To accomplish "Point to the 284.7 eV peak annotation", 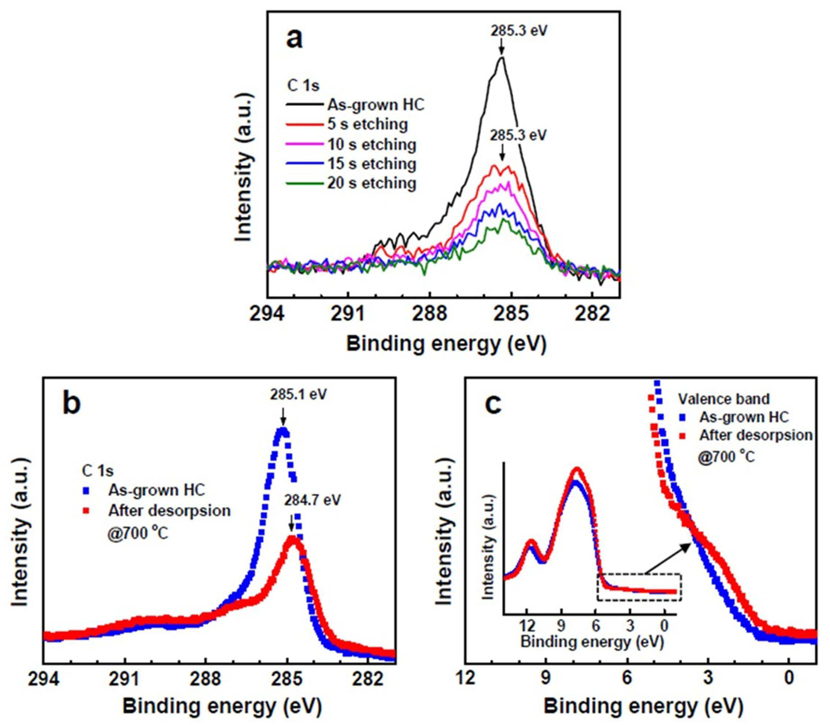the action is pyautogui.click(x=312, y=500).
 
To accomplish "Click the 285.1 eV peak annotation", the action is pyautogui.click(x=298, y=395).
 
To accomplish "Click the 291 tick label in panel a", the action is pyautogui.click(x=348, y=314).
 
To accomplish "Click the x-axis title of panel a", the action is pyautogui.click(x=446, y=344).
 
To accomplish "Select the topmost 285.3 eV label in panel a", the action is pyautogui.click(x=519, y=31).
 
